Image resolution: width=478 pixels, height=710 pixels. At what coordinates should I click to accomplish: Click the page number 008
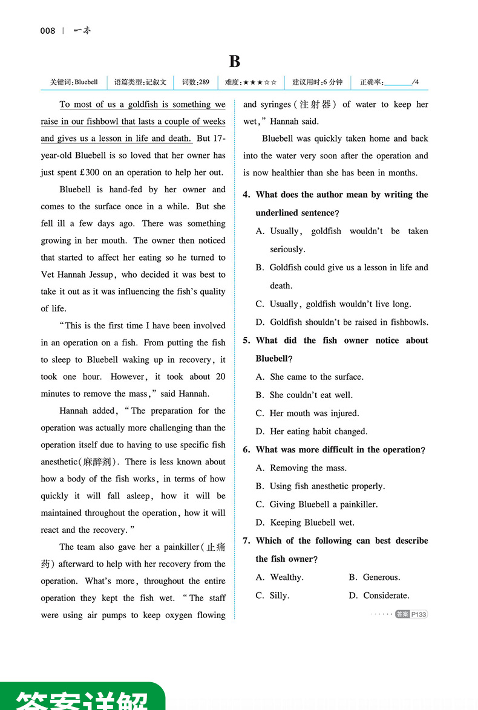coord(47,31)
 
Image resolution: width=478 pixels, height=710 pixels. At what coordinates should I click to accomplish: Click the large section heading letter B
coord(235,61)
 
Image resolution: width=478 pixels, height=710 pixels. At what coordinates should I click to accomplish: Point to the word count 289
coord(204,82)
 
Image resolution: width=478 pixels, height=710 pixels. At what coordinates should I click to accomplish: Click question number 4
coord(246,195)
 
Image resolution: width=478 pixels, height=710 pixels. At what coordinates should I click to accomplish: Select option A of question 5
coord(316,377)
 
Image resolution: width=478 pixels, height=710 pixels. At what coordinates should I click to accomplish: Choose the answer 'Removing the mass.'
coord(308,468)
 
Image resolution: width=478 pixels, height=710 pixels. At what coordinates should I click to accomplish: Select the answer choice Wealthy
coord(286,578)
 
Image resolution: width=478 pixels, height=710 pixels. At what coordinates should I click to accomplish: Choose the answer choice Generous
coord(381,578)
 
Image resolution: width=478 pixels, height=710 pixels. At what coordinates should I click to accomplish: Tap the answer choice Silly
coord(279,596)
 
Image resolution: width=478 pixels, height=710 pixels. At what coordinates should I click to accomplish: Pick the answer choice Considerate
coord(386,596)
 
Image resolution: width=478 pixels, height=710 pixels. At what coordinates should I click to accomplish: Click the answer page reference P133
coord(419,614)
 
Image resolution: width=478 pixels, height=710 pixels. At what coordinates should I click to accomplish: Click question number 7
coord(246,541)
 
